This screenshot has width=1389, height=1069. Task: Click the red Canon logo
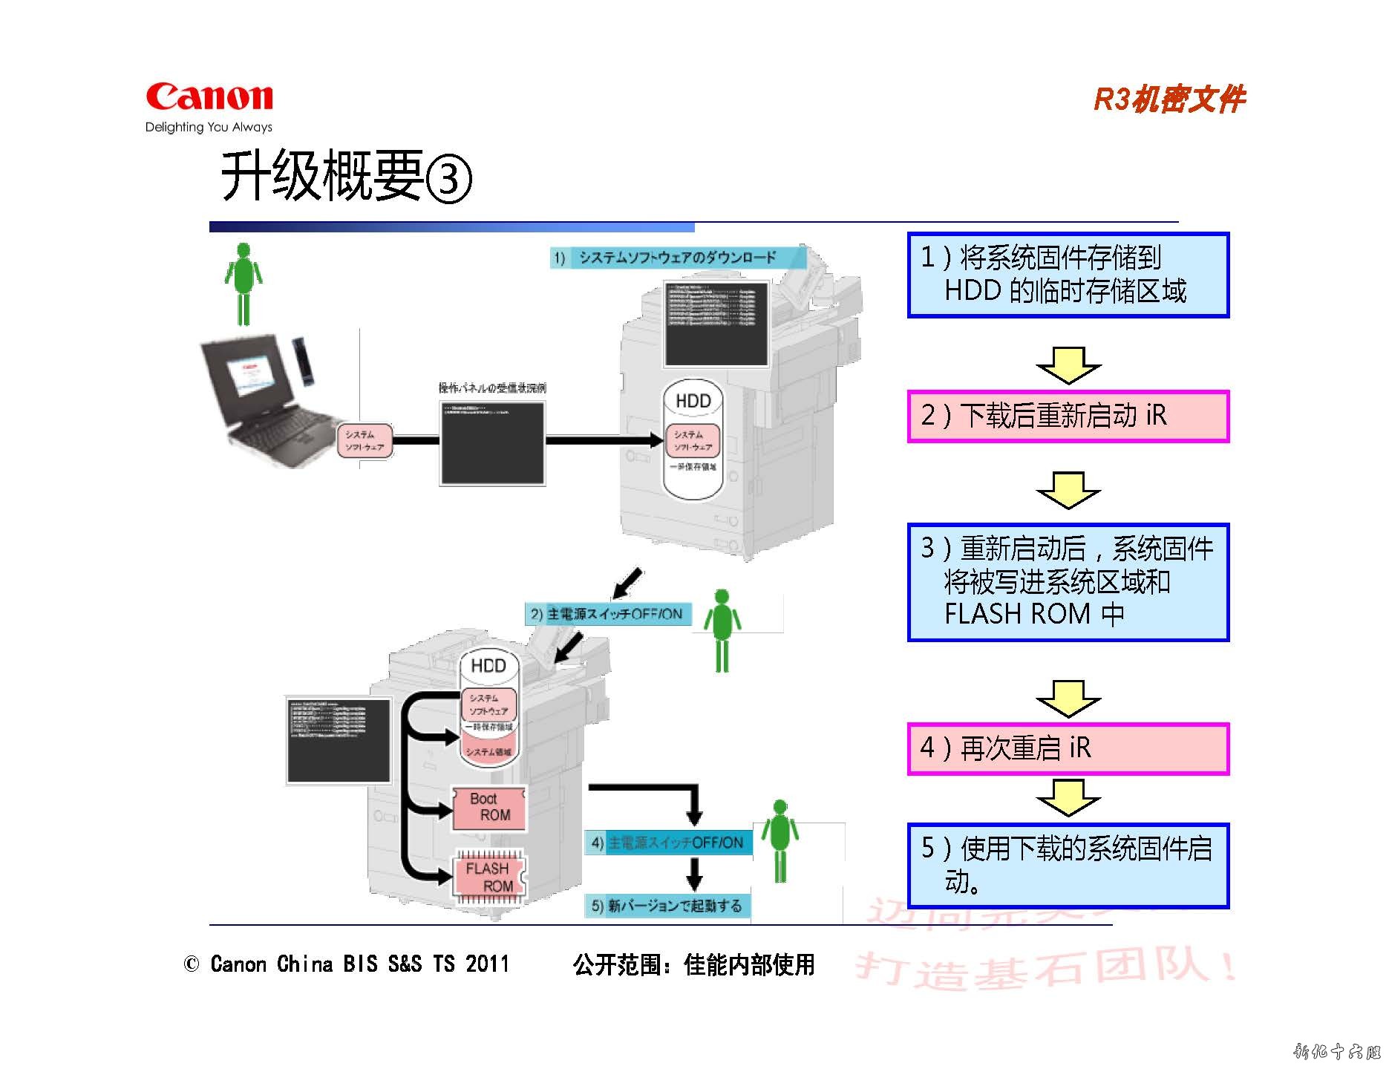click(209, 97)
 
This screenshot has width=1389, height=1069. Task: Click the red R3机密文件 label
click(1169, 99)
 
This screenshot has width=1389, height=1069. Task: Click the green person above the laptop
click(244, 284)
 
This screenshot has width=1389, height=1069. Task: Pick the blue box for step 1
click(1068, 275)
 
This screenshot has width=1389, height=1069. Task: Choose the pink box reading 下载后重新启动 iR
click(1068, 416)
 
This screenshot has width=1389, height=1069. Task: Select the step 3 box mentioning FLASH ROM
click(1068, 582)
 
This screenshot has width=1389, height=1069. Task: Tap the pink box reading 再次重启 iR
click(1068, 748)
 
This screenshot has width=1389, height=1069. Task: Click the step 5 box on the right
click(1068, 865)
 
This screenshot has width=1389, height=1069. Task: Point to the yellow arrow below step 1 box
click(1068, 364)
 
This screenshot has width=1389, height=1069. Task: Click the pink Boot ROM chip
click(489, 807)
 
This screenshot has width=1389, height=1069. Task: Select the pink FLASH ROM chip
click(489, 877)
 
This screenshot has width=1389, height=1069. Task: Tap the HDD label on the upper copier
click(693, 401)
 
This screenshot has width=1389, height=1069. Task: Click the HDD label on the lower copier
click(488, 665)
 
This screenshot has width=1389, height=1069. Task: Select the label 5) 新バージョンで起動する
click(667, 906)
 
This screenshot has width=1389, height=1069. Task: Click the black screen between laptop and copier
click(492, 443)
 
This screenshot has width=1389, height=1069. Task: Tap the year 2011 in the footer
click(487, 964)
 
